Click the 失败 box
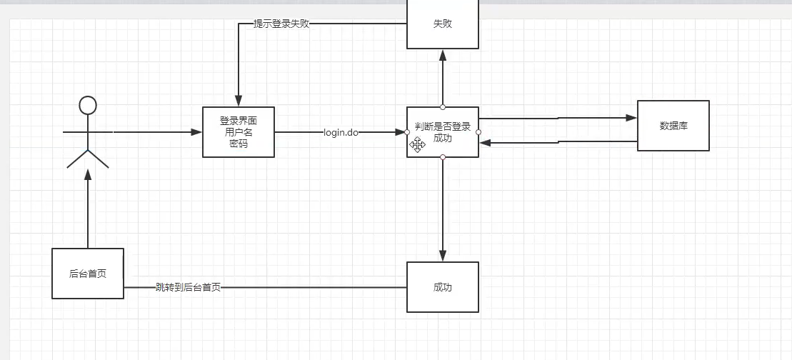click(x=443, y=24)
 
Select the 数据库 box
click(x=673, y=126)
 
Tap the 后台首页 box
click(x=88, y=274)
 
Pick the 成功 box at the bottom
click(x=443, y=287)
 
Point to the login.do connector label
click(x=341, y=132)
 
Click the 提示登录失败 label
click(x=281, y=24)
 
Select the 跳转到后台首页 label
click(x=188, y=287)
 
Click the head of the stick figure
click(x=88, y=106)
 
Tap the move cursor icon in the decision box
click(x=418, y=145)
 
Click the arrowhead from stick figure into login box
click(x=196, y=132)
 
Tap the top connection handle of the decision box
click(x=443, y=107)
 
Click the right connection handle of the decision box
click(x=478, y=131)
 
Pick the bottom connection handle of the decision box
click(x=443, y=157)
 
